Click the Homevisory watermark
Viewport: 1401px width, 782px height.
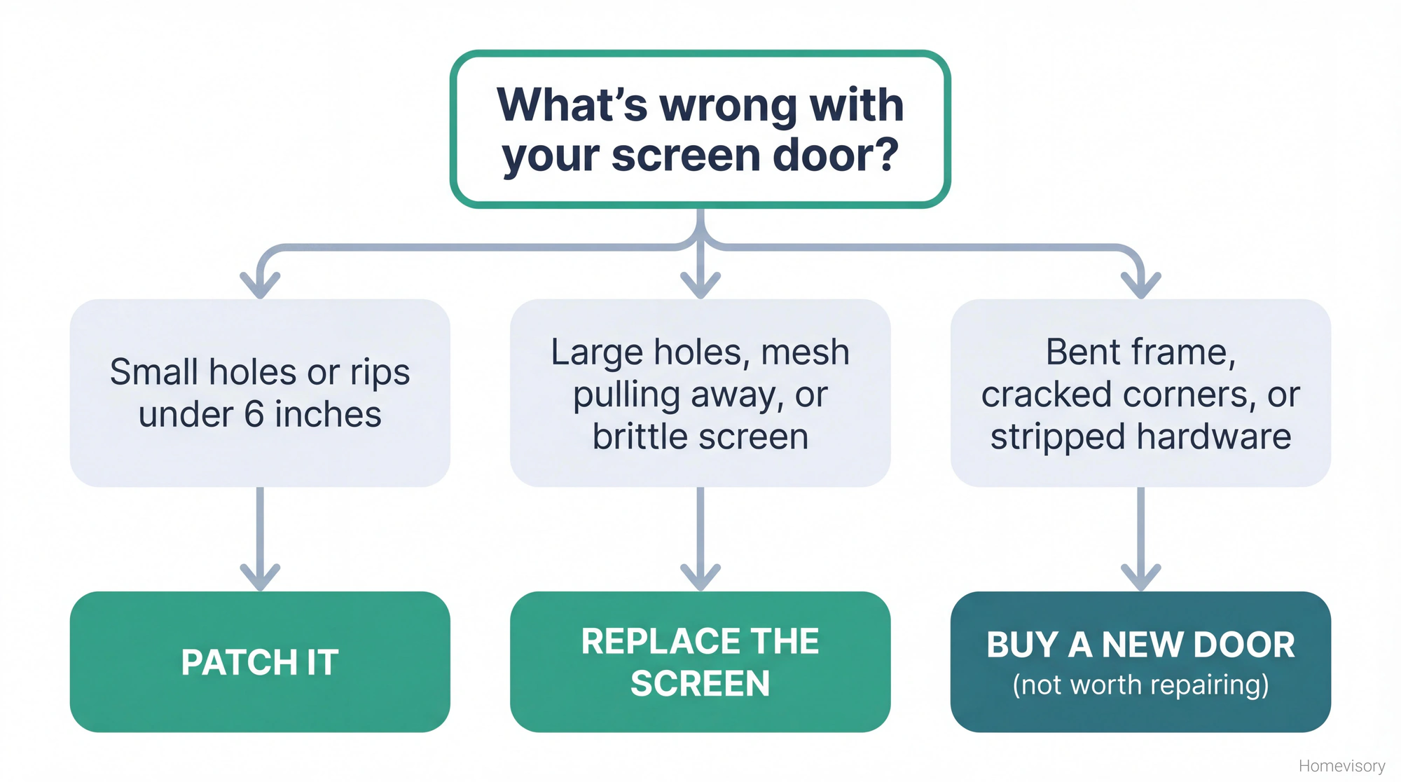pyautogui.click(x=1341, y=766)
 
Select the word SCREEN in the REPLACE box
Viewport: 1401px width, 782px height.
pyautogui.click(x=700, y=684)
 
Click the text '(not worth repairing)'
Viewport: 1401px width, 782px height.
pyautogui.click(x=1140, y=685)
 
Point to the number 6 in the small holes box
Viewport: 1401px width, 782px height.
pyautogui.click(x=254, y=414)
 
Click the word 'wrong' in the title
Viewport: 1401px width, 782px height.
pyautogui.click(x=729, y=105)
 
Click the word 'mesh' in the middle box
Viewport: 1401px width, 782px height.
pyautogui.click(x=805, y=352)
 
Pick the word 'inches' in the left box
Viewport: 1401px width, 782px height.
pyautogui.click(x=328, y=414)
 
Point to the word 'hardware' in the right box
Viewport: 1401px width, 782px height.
pyautogui.click(x=1214, y=437)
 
